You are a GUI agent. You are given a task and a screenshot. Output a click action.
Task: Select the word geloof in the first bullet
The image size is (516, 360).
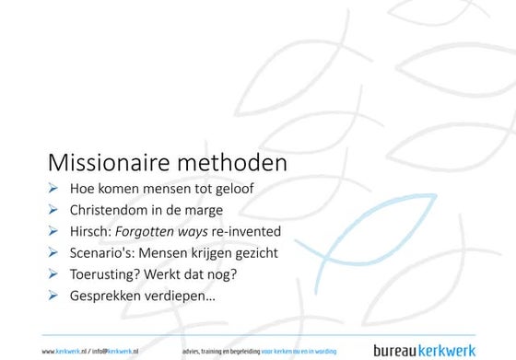[234, 190]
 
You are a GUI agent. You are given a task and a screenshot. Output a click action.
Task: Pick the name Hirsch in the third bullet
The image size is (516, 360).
[92, 231]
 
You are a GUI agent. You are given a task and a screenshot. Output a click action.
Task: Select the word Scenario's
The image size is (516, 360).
[103, 252]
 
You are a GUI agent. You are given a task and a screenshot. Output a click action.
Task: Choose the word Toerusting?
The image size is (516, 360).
[109, 273]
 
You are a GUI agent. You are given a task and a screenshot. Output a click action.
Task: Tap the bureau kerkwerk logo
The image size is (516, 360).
[423, 350]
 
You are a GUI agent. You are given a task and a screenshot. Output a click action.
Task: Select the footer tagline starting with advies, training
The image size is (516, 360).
[260, 351]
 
